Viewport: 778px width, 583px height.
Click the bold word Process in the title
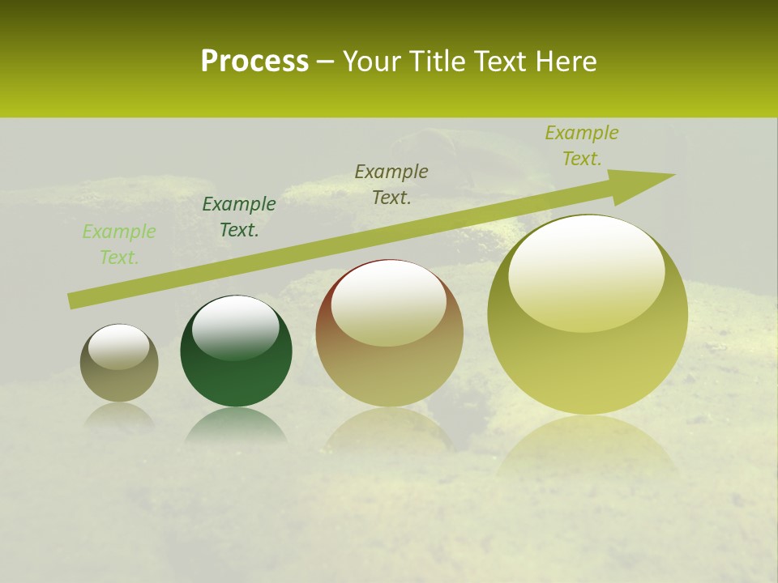(254, 62)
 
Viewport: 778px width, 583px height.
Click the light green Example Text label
(118, 245)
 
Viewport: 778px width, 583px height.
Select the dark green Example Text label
(239, 217)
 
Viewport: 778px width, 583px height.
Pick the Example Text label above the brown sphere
(391, 184)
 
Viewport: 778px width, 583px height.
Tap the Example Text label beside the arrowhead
(582, 146)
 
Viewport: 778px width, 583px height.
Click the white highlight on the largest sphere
(586, 271)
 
